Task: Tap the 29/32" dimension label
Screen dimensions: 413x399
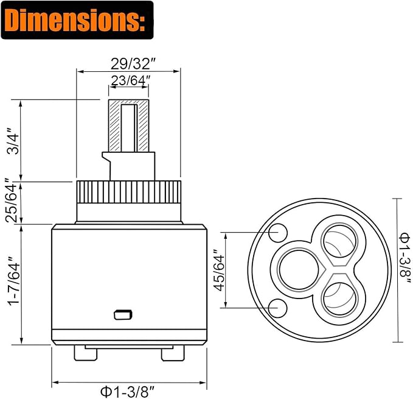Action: click(133, 63)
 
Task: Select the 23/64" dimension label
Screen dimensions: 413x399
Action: click(130, 80)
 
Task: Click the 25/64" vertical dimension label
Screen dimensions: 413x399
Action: click(12, 200)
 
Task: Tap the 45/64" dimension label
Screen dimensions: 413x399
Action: click(220, 270)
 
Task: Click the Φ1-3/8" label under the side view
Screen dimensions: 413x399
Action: click(127, 392)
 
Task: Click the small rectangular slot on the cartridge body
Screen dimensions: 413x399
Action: click(123, 314)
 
